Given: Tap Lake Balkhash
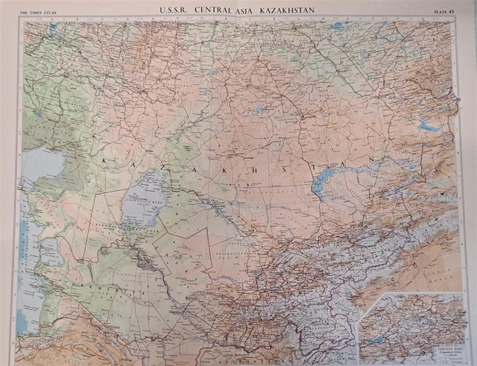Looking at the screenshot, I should point(328,183).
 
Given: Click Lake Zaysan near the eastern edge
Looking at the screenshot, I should point(431,126).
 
